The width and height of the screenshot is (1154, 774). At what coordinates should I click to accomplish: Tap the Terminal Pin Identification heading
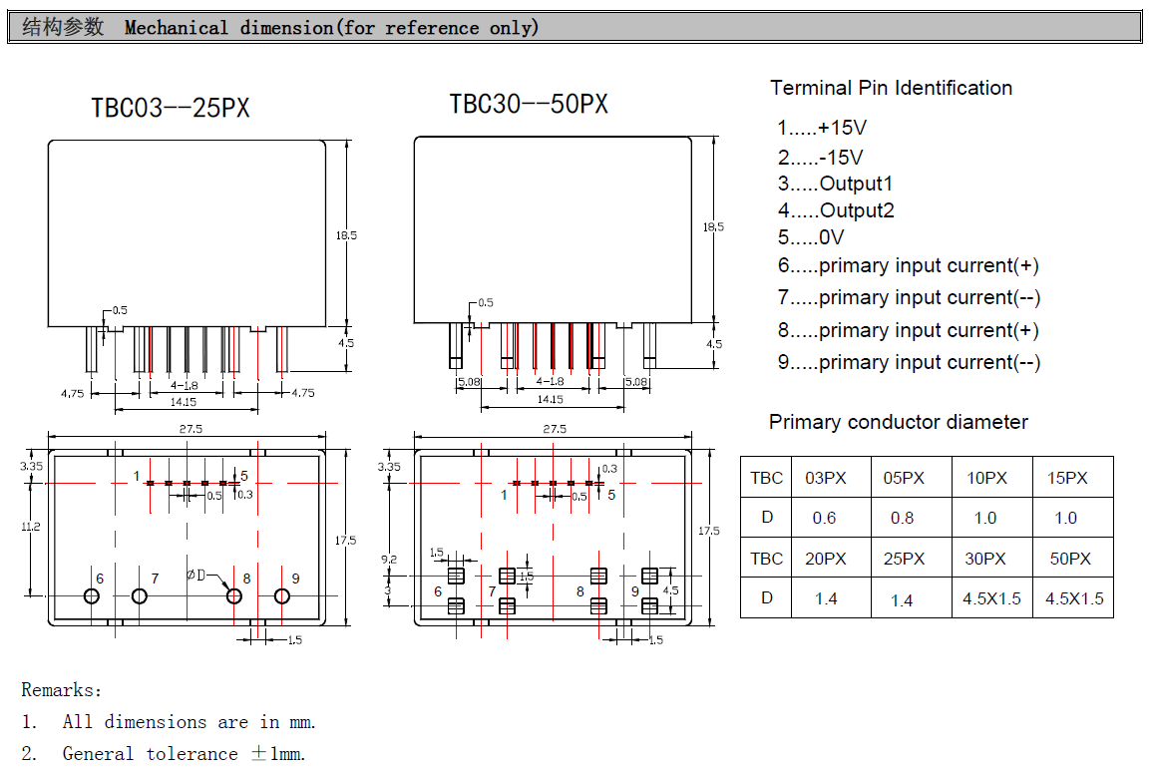pos(892,89)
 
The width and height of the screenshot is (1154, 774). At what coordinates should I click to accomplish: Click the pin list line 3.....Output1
pos(835,184)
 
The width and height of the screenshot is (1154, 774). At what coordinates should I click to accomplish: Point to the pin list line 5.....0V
pos(811,237)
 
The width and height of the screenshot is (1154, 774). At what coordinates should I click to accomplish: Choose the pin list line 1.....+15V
pos(822,128)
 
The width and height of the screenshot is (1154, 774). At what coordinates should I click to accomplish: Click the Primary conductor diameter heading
pos(898,422)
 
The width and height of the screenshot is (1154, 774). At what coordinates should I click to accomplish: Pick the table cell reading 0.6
pos(824,518)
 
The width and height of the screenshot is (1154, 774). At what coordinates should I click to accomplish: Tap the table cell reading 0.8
pos(903,518)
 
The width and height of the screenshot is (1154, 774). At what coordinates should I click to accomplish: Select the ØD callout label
pos(195,575)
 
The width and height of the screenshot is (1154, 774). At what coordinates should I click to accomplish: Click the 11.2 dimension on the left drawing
pos(30,527)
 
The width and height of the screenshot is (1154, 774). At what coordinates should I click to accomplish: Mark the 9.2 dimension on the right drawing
pos(389,560)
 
